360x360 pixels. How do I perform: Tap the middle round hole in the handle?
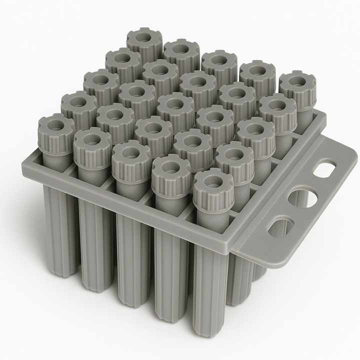point(302,198)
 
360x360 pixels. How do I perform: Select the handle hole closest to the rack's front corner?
point(280,227)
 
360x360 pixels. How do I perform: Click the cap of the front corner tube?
point(213,183)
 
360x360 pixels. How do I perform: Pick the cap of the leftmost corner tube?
point(56,133)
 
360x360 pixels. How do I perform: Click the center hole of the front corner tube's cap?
point(213,177)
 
